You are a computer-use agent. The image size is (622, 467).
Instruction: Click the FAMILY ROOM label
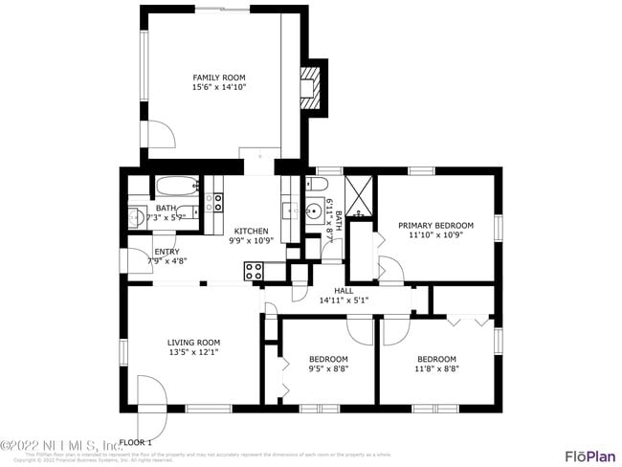pyautogui.click(x=219, y=78)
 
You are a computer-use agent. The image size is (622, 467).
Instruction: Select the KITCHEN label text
pyautogui.click(x=251, y=231)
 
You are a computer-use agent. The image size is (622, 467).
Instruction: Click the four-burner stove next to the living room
pyautogui.click(x=254, y=271)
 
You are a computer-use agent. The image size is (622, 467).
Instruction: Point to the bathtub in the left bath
pyautogui.click(x=177, y=187)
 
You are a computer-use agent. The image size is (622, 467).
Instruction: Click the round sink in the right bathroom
pyautogui.click(x=315, y=208)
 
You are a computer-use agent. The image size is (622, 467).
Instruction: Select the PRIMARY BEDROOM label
pyautogui.click(x=435, y=226)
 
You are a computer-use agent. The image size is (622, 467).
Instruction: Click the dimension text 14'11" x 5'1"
pyautogui.click(x=344, y=300)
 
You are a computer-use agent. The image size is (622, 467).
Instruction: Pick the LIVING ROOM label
pyautogui.click(x=193, y=343)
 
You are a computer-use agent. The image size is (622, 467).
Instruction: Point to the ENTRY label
pyautogui.click(x=167, y=252)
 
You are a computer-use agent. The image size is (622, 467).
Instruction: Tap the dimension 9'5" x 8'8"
pyautogui.click(x=328, y=368)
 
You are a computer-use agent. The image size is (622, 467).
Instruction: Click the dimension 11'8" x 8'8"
pyautogui.click(x=437, y=368)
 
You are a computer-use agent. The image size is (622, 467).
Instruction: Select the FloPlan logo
pyautogui.click(x=589, y=455)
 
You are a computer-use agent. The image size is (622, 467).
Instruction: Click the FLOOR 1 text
pyautogui.click(x=136, y=441)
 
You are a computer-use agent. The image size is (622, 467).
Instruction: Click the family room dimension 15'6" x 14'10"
pyautogui.click(x=219, y=87)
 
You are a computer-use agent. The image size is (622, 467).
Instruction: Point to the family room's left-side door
pyautogui.click(x=156, y=135)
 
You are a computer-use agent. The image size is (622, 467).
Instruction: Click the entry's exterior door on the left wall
pyautogui.click(x=131, y=261)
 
